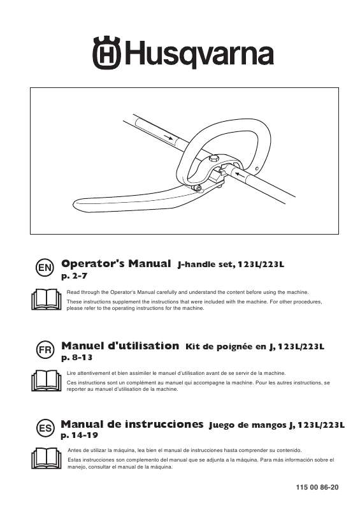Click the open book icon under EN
coord(45,298)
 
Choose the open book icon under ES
coord(45,458)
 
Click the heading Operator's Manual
coord(117,263)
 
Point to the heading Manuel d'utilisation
coord(120,346)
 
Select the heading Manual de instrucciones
coord(133,423)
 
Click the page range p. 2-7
coord(75,276)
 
